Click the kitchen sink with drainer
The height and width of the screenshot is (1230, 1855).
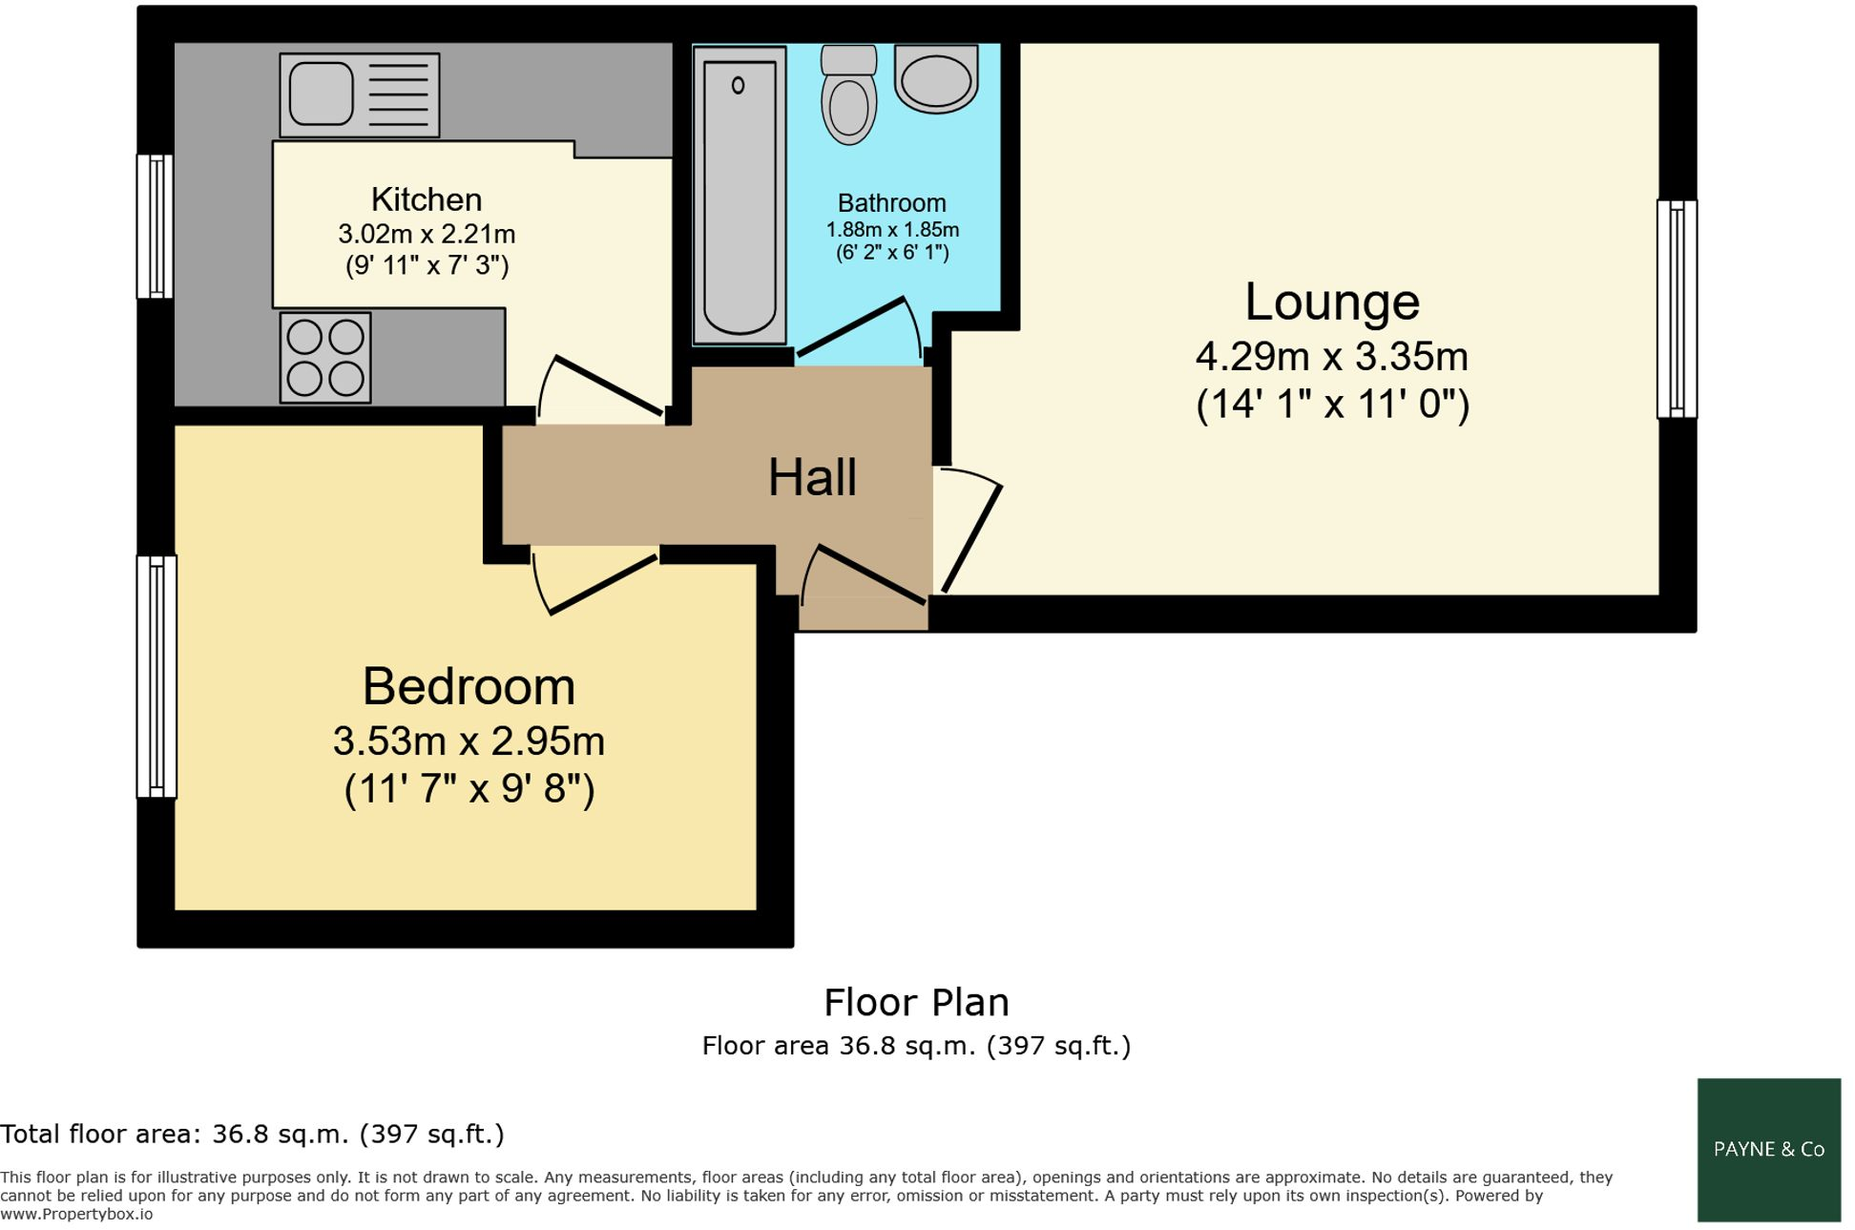tap(359, 94)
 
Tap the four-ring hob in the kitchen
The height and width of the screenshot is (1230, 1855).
tap(325, 357)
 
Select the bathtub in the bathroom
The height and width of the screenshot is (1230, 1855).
tap(740, 196)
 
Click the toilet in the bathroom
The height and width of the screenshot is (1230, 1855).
tap(848, 95)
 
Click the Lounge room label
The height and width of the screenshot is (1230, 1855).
tap(1331, 302)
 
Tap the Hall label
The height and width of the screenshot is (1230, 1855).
tap(812, 477)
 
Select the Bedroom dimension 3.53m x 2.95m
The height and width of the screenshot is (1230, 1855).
tap(469, 740)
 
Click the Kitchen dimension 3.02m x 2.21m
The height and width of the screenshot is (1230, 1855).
tap(427, 234)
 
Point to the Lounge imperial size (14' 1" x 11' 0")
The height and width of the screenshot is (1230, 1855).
tap(1332, 404)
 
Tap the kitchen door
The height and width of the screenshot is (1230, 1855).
tap(607, 386)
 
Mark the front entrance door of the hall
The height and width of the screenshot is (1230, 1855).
tap(870, 574)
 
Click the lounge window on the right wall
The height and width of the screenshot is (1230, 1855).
tap(1676, 308)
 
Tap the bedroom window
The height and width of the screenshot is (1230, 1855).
tap(156, 676)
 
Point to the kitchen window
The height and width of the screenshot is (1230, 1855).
tap(155, 226)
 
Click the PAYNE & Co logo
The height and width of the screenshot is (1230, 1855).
tap(1768, 1149)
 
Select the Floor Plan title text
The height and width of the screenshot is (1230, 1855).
tap(916, 1002)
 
